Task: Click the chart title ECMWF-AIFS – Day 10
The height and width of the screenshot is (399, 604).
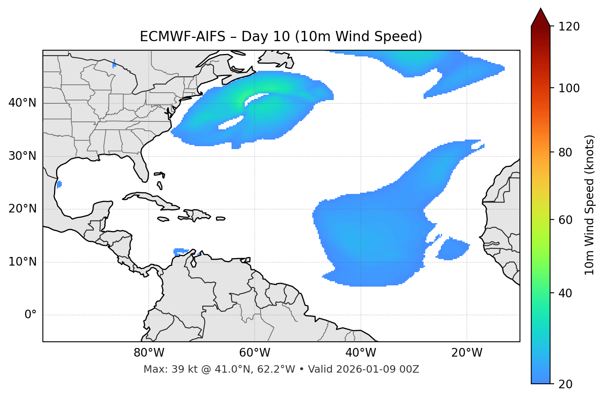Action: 281,37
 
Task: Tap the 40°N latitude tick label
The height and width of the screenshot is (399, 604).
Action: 22,103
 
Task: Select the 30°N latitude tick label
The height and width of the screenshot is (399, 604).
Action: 22,156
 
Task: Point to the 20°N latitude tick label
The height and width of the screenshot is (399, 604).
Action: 22,209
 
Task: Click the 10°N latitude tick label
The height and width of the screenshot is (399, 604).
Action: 22,262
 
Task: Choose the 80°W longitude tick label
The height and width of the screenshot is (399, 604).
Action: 149,353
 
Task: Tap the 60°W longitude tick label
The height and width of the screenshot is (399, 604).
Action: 255,353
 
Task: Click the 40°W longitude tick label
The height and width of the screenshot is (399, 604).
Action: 361,353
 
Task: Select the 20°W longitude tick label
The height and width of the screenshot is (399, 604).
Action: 466,353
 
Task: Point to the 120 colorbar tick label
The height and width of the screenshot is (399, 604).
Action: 569,27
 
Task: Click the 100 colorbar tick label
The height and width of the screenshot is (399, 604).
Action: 569,88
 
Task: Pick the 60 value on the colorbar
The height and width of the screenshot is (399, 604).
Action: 566,220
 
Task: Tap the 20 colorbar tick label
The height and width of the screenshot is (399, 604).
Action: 566,384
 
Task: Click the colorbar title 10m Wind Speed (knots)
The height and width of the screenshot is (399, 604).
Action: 590,205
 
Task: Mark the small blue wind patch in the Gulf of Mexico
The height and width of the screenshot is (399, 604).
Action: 59,184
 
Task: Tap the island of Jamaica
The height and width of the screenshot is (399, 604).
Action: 164,219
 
